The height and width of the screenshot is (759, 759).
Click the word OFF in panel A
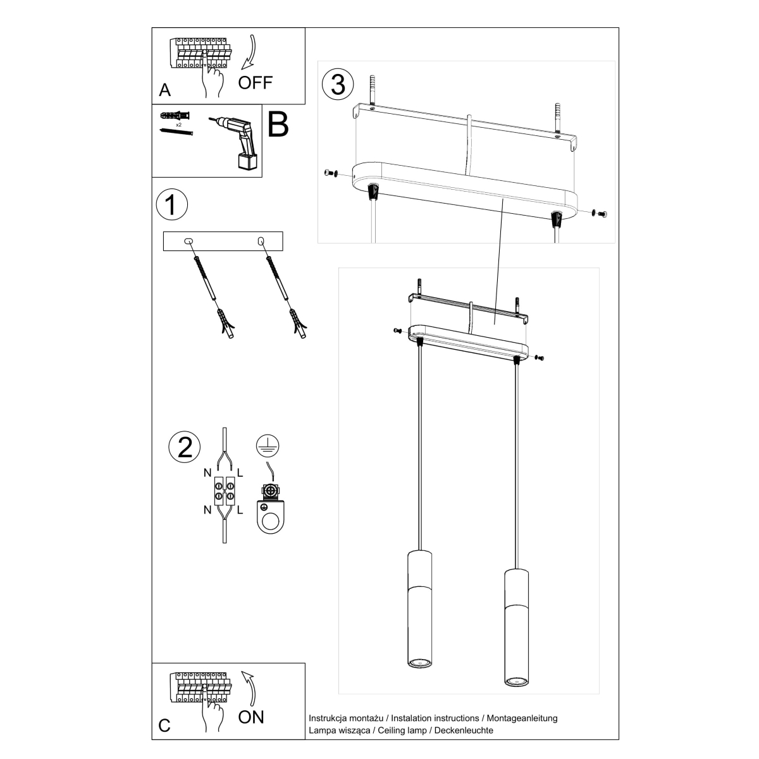tap(255, 83)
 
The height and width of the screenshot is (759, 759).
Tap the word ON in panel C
tap(251, 717)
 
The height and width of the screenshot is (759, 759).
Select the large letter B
tap(278, 125)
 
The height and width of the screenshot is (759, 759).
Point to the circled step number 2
tap(185, 447)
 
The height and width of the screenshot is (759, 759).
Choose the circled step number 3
tap(338, 84)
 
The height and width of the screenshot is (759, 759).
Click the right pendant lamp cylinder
tap(515, 627)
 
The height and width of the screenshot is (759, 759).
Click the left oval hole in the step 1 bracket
tap(187, 241)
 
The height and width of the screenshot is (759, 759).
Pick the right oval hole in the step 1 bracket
tap(260, 241)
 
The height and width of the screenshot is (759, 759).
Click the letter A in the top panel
tap(165, 90)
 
